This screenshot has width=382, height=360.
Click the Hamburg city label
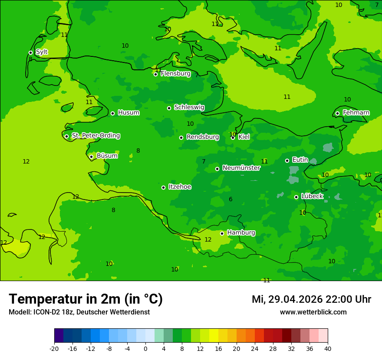click(x=241, y=233)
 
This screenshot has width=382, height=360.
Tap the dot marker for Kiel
click(x=233, y=137)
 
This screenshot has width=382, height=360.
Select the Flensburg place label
click(x=175, y=74)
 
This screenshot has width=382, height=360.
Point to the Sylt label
click(x=42, y=52)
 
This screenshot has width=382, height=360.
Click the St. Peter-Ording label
click(x=96, y=136)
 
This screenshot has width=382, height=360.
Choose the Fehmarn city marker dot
click(x=337, y=113)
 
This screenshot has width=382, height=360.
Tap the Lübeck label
click(x=312, y=196)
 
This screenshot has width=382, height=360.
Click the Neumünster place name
click(x=241, y=168)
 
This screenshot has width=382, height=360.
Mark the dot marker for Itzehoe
click(x=163, y=187)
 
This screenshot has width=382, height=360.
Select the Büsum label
click(x=107, y=156)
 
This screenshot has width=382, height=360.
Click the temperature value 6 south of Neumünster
click(x=231, y=200)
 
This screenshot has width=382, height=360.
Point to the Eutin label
click(x=300, y=160)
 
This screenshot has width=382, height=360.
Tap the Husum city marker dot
click(x=112, y=113)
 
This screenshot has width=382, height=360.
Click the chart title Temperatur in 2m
click(x=86, y=299)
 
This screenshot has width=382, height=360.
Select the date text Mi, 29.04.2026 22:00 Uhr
click(x=311, y=299)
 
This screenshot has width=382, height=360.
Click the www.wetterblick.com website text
click(x=313, y=312)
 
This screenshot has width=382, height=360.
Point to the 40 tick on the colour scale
click(x=327, y=348)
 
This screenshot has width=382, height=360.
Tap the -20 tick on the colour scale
click(x=54, y=348)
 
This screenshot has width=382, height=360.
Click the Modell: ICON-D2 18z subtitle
click(x=79, y=312)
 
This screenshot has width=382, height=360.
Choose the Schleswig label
click(x=189, y=108)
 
